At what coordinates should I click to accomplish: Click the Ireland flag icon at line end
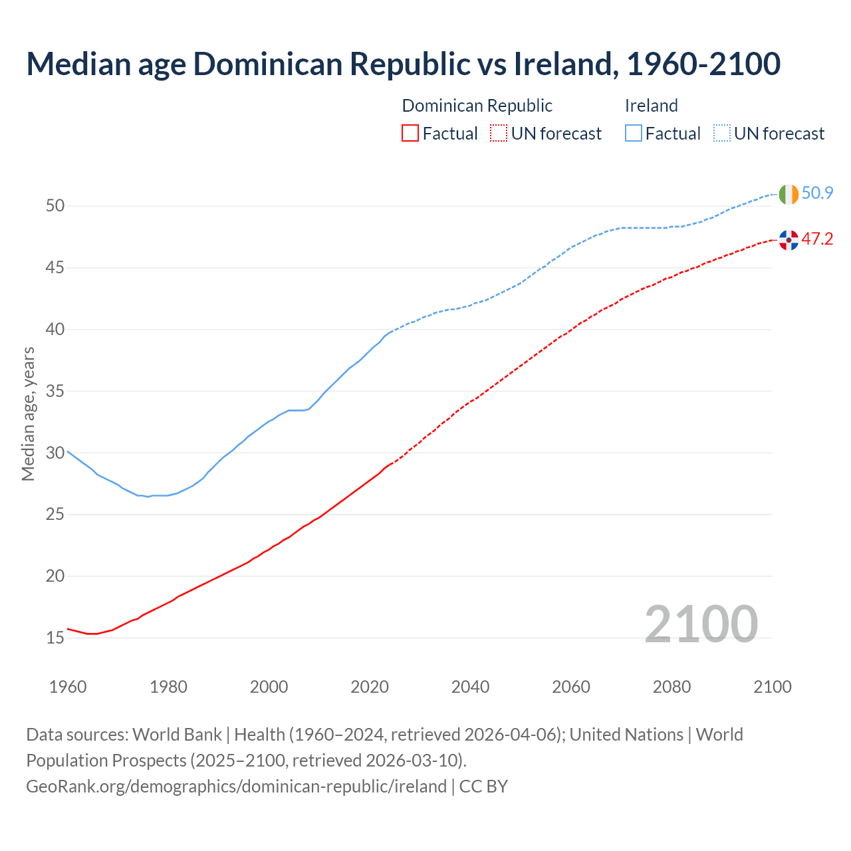point(789,194)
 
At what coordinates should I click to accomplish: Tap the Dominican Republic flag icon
point(789,240)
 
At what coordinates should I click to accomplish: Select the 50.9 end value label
point(817,193)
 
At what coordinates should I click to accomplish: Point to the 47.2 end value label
point(817,239)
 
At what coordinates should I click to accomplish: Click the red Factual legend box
point(410,134)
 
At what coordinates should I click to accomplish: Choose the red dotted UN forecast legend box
point(499,134)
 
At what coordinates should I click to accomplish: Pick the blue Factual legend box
point(633,134)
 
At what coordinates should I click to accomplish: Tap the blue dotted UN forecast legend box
point(721,134)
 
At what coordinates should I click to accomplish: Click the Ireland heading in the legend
point(651,106)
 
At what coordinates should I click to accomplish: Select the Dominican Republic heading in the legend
point(477,106)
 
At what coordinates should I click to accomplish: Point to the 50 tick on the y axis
point(55,206)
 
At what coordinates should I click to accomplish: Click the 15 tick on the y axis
point(55,638)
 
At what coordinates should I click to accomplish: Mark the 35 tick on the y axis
point(55,392)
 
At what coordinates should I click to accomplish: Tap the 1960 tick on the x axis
point(68,687)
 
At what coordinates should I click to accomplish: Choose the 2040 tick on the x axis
point(470,687)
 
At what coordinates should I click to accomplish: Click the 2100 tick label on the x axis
point(772,687)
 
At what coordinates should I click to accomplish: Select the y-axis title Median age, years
point(28,414)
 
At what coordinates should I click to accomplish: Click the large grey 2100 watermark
point(701,624)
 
